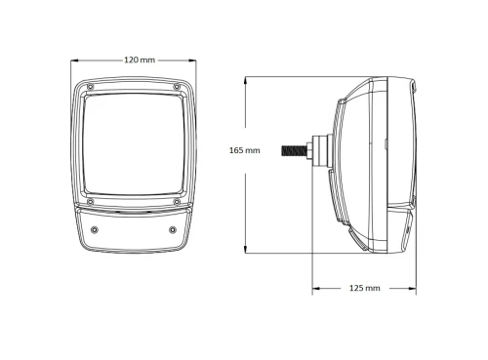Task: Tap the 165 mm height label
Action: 244,150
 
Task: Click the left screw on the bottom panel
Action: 93,230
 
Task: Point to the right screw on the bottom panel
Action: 173,230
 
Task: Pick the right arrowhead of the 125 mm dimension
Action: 417,289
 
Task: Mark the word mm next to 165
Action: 253,150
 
